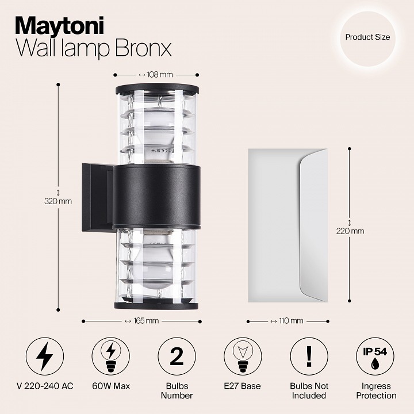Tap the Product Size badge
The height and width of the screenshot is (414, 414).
(x=367, y=37)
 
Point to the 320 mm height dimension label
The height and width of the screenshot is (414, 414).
(x=58, y=201)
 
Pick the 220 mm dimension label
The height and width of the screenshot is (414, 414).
(x=350, y=231)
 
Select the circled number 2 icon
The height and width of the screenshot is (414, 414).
(x=177, y=356)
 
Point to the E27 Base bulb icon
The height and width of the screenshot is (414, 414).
(x=243, y=356)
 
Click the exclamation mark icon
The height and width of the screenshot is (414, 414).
(x=309, y=356)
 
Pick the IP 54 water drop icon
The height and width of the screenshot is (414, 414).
(x=375, y=356)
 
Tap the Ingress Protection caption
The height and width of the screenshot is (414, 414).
(x=375, y=391)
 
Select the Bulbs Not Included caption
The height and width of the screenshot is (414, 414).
(x=309, y=391)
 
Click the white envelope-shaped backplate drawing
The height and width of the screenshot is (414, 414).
(x=286, y=225)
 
